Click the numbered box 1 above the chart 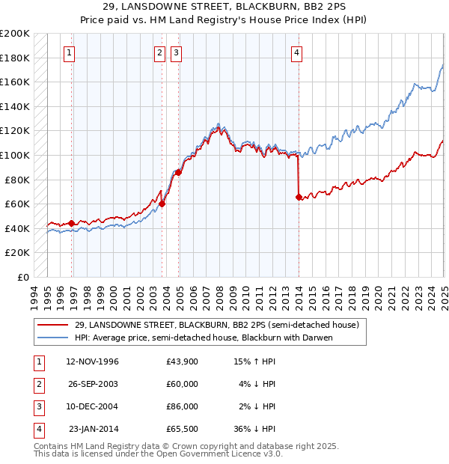click(x=68, y=52)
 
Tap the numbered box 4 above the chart click(x=297, y=52)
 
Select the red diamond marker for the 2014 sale click(x=299, y=198)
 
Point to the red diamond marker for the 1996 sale click(x=71, y=223)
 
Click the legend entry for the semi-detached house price click(x=217, y=325)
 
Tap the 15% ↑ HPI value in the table click(x=254, y=361)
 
